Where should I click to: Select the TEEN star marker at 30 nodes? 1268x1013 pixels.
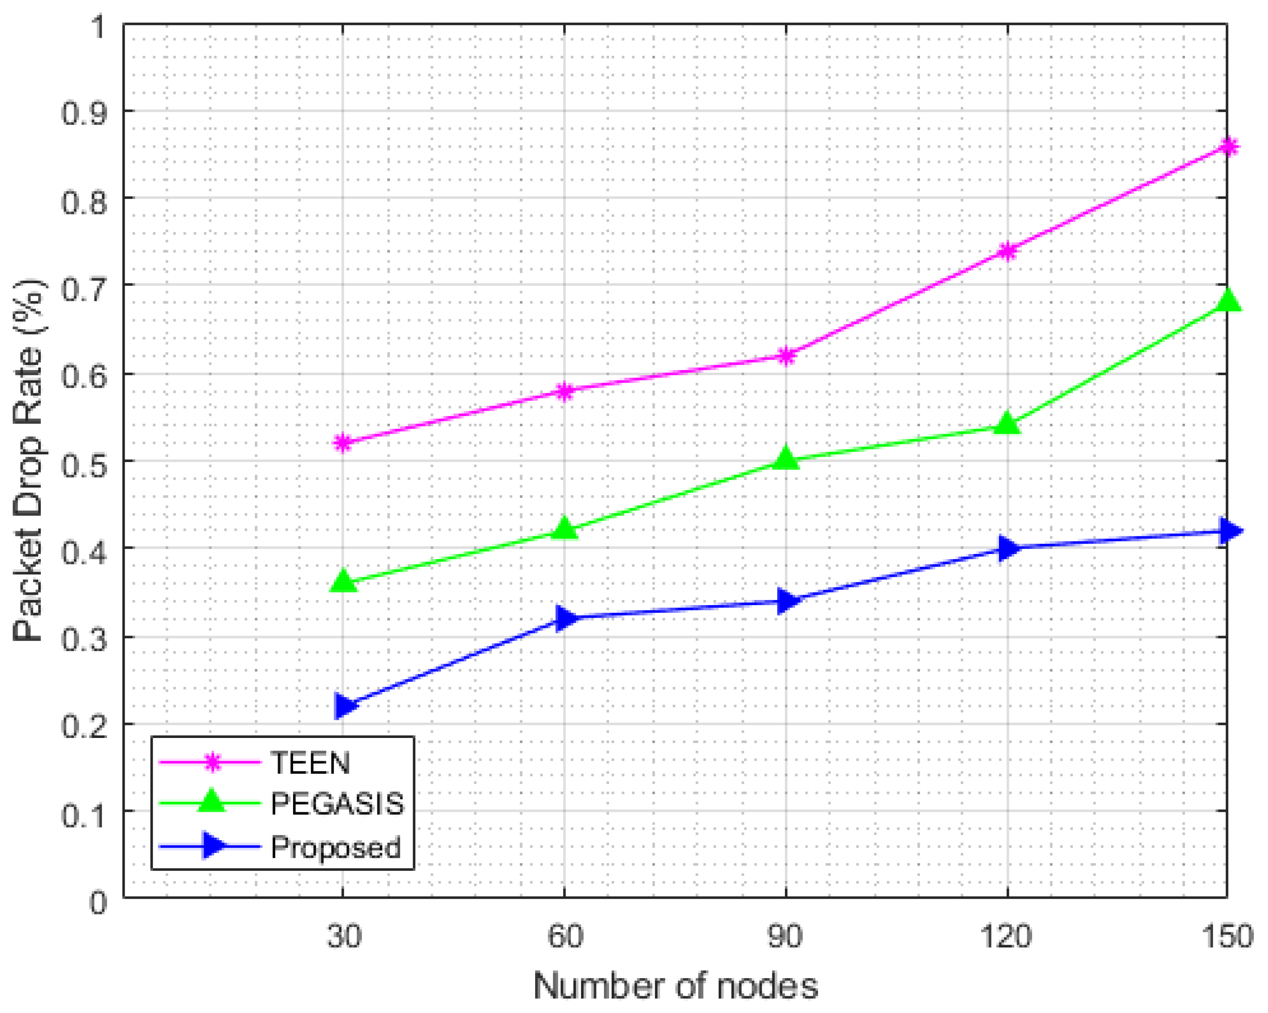tap(343, 443)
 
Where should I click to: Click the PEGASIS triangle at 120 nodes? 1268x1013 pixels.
tap(1007, 423)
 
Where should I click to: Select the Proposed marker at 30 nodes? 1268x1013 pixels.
tap(344, 706)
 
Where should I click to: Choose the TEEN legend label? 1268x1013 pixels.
tap(310, 764)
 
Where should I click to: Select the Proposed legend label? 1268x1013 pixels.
tap(335, 847)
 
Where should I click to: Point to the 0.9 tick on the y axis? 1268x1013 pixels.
tap(85, 112)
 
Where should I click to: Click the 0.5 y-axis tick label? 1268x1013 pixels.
tap(85, 461)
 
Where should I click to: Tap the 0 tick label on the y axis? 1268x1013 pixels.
tap(98, 902)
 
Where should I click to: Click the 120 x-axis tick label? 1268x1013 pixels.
tap(1007, 936)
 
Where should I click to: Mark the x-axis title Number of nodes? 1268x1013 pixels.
tap(675, 986)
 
